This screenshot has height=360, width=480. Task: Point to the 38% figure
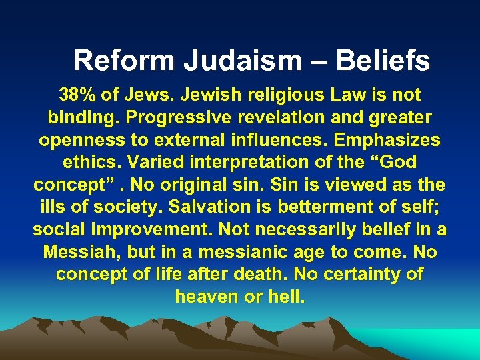pos(77,95)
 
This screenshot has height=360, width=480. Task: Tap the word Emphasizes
pos(385,141)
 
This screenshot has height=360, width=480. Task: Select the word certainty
pos(364,275)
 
